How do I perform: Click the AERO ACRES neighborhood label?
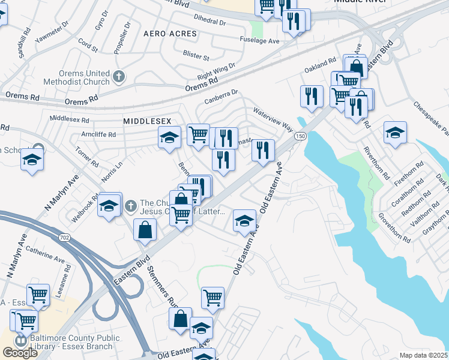coord(170,34)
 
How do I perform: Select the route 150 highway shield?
coord(298,137)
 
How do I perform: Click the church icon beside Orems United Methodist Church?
coord(119,77)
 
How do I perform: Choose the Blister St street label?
coord(196,58)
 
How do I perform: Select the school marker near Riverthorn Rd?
coord(395,133)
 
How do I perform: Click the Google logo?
coord(20,353)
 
